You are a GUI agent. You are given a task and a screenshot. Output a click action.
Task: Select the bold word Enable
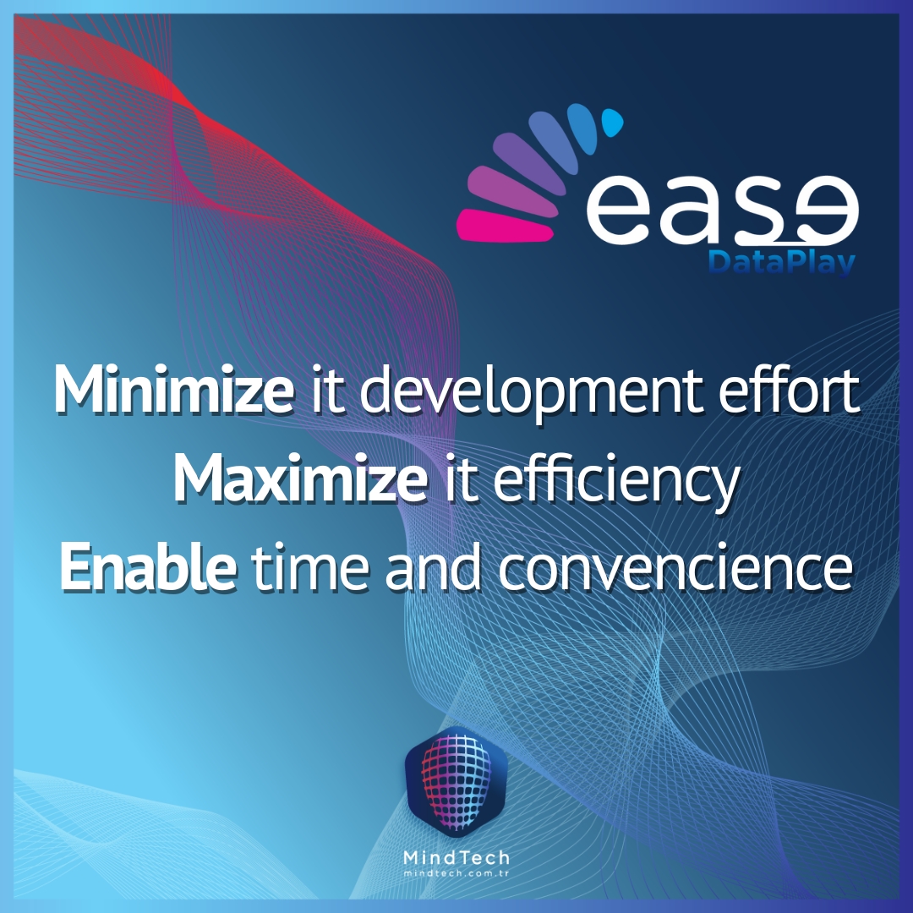(148, 567)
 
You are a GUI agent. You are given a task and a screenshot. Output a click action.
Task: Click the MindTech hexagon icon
(456, 783)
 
